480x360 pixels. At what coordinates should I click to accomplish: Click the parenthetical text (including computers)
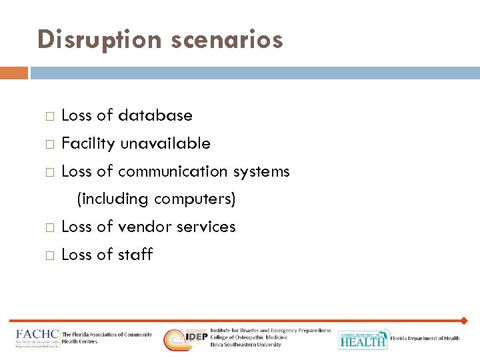[157, 199]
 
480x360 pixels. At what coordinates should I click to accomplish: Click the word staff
[135, 255]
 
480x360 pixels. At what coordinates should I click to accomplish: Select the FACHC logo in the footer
[38, 338]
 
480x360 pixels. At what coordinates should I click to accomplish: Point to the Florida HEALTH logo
[363, 339]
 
